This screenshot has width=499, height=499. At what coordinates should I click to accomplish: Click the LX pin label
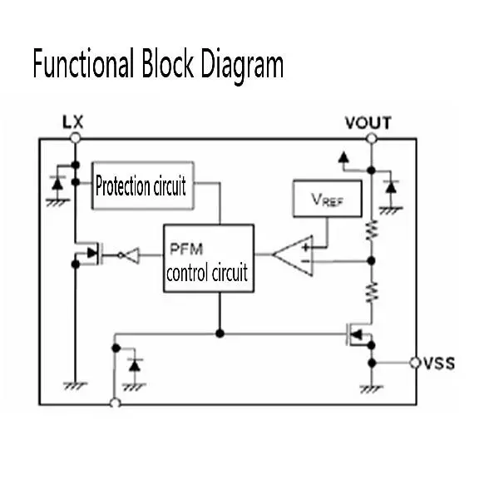pos(74,122)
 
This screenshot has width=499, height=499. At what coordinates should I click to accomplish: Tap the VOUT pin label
pos(368,124)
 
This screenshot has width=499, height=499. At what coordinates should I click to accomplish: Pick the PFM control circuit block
pos(208,258)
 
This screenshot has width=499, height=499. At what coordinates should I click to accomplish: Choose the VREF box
pos(323,199)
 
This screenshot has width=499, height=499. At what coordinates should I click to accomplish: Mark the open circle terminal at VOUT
pos(371,139)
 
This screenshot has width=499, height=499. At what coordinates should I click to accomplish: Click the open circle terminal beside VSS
pos(415,363)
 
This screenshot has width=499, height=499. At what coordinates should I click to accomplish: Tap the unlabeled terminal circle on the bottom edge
pos(115,403)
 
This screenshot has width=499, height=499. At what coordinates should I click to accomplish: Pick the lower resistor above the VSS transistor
pos(371,291)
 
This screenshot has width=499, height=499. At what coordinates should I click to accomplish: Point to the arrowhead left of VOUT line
pos(342,156)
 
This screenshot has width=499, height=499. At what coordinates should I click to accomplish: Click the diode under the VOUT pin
pos(390,189)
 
